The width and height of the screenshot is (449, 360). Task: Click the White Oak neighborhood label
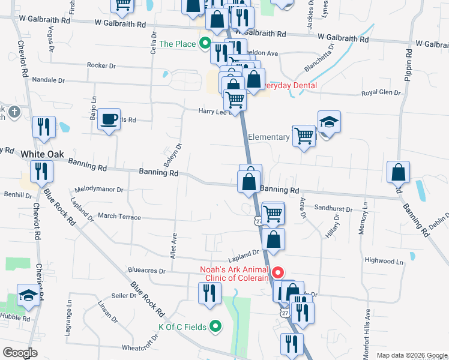pyautogui.click(x=42, y=154)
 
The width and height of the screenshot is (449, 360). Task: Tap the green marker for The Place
pyautogui.click(x=204, y=44)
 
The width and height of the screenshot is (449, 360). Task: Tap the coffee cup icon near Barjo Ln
pyautogui.click(x=109, y=119)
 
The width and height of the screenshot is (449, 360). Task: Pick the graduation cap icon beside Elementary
pyautogui.click(x=329, y=122)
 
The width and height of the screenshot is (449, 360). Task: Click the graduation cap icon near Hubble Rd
pyautogui.click(x=28, y=295)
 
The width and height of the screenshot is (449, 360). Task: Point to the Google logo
pyautogui.click(x=20, y=352)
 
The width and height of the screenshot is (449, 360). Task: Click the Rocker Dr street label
pyautogui.click(x=101, y=65)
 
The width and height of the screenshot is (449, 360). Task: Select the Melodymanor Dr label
pyautogui.click(x=98, y=190)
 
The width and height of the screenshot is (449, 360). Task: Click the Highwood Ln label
pyautogui.click(x=384, y=261)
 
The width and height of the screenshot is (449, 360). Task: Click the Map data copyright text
pyautogui.click(x=411, y=355)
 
